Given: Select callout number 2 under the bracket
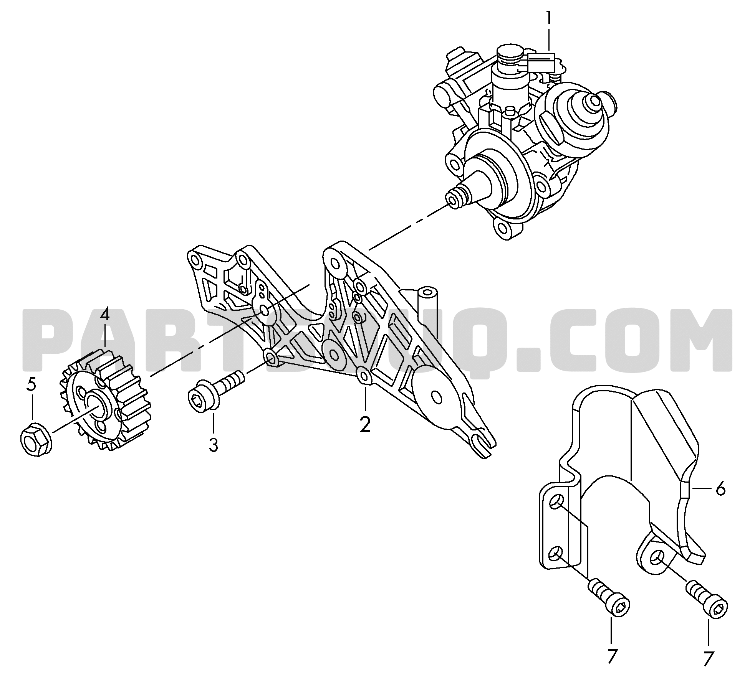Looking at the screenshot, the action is tap(365, 424).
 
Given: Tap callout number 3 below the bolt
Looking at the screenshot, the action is tap(213, 445).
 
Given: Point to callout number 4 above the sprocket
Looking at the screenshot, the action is tap(105, 326).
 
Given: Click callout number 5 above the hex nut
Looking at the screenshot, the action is tap(32, 384).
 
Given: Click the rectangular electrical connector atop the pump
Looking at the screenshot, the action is tap(541, 63).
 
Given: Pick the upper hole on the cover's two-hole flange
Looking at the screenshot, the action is tap(556, 502).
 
